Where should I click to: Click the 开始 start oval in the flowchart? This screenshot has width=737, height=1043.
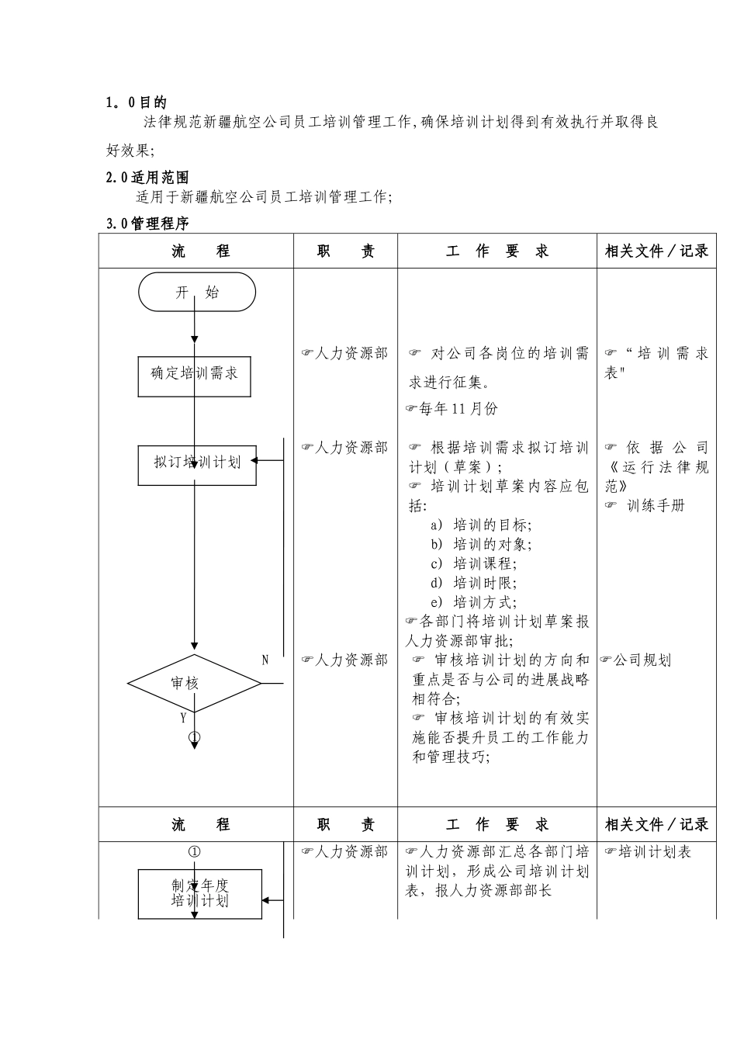(x=197, y=293)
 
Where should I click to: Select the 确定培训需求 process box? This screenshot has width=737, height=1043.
(x=194, y=374)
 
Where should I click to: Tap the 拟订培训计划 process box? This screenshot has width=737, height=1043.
(x=197, y=463)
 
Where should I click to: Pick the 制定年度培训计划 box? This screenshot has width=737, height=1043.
(x=200, y=893)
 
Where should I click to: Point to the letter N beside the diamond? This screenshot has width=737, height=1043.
(x=265, y=660)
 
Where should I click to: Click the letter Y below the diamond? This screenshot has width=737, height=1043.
(x=183, y=718)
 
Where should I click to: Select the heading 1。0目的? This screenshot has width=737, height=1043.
(x=136, y=102)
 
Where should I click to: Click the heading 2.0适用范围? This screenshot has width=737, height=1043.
(x=147, y=178)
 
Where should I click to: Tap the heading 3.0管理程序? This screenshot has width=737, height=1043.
(x=147, y=223)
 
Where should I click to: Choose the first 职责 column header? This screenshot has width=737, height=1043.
(x=345, y=251)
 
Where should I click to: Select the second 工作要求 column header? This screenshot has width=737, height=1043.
(x=497, y=825)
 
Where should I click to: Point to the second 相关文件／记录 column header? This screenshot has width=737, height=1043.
(x=656, y=825)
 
